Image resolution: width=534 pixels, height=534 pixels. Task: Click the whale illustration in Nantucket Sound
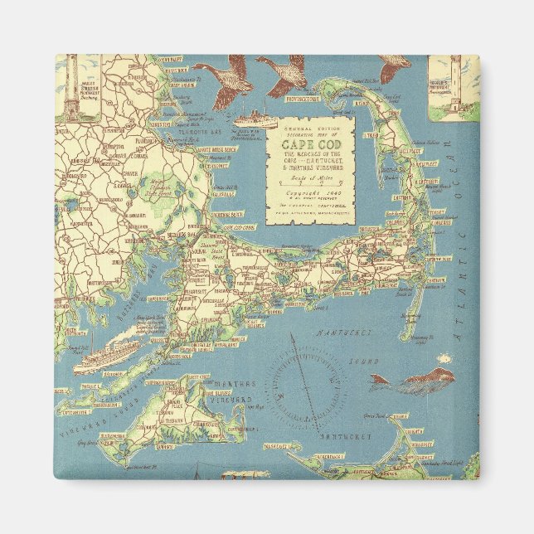(414, 381)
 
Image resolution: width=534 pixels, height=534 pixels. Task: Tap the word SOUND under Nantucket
(363, 362)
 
